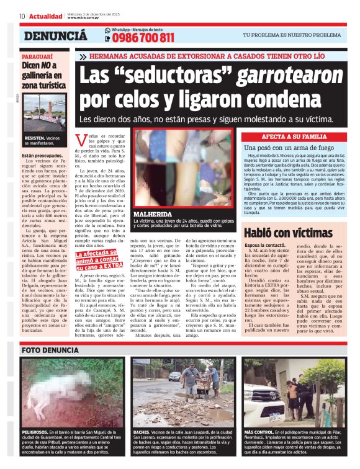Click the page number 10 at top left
click(22, 16)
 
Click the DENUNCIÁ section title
click(56, 35)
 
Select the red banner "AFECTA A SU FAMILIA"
click(295, 136)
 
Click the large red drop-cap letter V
click(79, 139)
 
